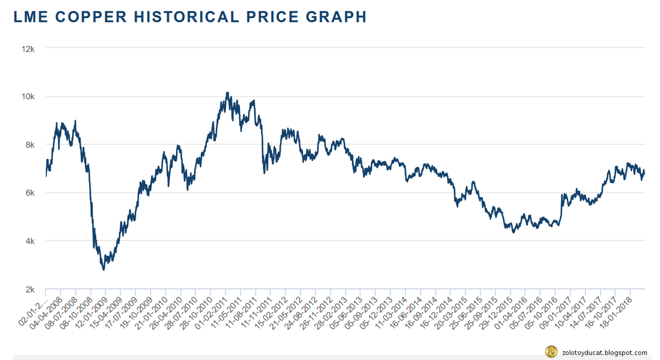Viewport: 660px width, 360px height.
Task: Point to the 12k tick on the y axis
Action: pyautogui.click(x=28, y=48)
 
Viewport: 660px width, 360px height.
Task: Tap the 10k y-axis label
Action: pyautogui.click(x=28, y=97)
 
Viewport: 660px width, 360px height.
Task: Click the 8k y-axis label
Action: pyautogui.click(x=30, y=145)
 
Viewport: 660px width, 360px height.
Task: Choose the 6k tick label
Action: pyautogui.click(x=30, y=193)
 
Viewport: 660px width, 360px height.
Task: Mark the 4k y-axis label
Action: pyautogui.click(x=30, y=241)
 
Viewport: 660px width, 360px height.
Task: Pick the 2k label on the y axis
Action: pyautogui.click(x=30, y=289)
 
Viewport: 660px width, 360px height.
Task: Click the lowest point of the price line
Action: pyautogui.click(x=103, y=269)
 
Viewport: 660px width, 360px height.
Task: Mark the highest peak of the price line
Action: pyautogui.click(x=227, y=93)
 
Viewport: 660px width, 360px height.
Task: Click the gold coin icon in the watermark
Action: pyautogui.click(x=549, y=351)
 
